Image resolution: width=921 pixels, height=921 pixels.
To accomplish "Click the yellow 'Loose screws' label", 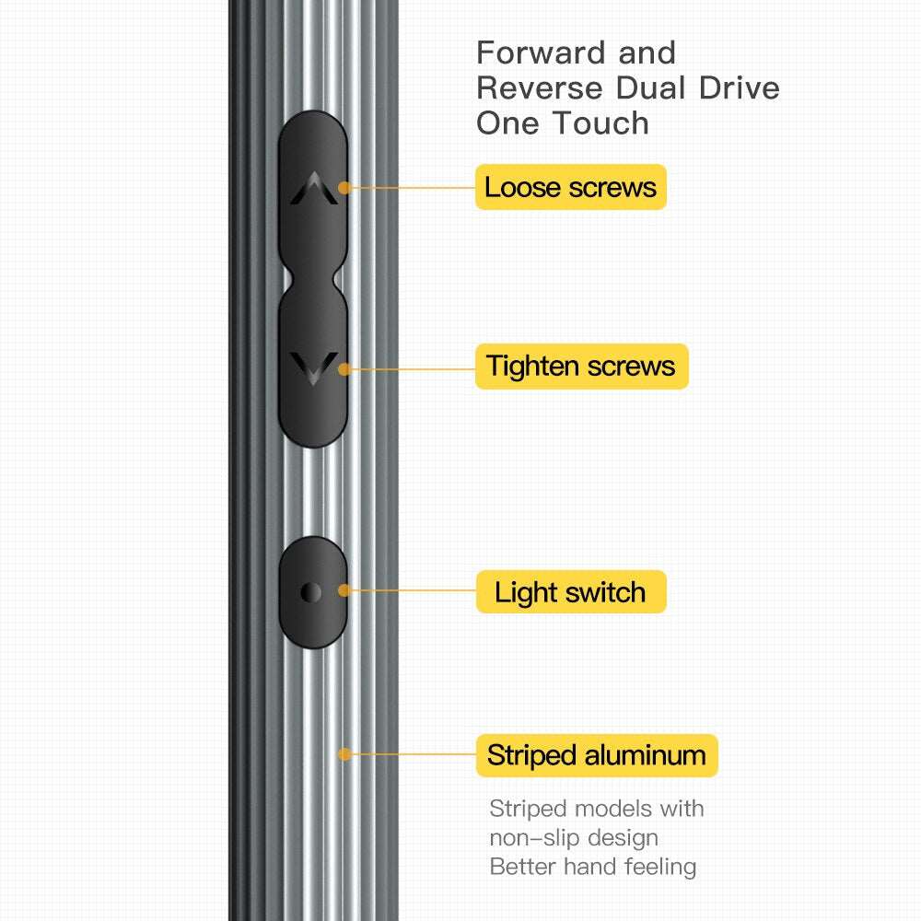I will click(x=570, y=187).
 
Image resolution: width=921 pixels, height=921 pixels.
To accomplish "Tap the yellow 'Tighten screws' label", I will click(x=581, y=367).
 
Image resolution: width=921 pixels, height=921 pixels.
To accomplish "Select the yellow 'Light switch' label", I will click(x=570, y=592).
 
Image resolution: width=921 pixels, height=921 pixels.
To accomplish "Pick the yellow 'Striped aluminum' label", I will click(x=596, y=755).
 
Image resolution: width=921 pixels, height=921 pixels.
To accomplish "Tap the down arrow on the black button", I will click(x=312, y=367).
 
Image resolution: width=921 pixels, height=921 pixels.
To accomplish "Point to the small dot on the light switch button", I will click(x=311, y=592).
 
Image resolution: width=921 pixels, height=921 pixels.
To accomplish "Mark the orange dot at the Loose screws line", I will click(x=344, y=187).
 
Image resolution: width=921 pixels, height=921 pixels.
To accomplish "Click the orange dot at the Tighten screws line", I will click(x=344, y=368).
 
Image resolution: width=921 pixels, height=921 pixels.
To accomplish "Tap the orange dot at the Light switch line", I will click(x=344, y=590).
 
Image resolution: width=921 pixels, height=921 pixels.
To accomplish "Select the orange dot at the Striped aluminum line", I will click(x=344, y=753).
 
